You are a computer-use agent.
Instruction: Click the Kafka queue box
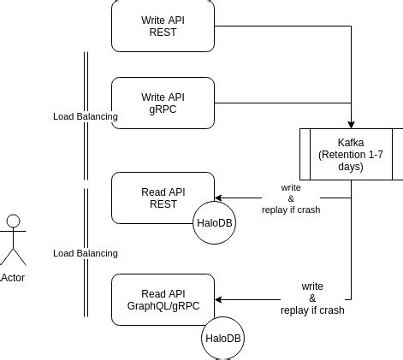click(351, 154)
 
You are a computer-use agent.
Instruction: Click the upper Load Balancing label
click(86, 115)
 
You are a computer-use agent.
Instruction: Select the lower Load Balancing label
click(86, 253)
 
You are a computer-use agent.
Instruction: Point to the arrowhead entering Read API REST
click(217, 198)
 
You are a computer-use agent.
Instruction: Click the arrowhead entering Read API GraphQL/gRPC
click(217, 299)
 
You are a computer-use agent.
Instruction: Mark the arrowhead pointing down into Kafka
click(351, 124)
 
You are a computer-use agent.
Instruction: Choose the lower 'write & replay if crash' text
click(312, 298)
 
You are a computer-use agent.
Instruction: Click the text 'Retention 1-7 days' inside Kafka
click(351, 160)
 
